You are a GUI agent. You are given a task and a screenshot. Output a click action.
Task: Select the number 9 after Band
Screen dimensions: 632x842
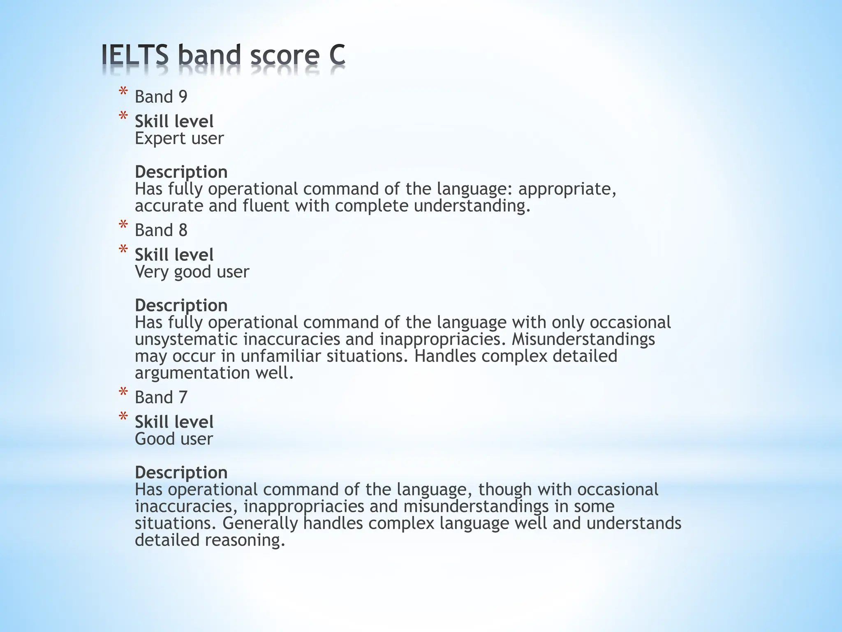183,97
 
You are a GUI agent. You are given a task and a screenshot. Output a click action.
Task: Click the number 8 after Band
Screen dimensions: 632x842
183,230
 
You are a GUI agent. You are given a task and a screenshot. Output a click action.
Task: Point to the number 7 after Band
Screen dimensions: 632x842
183,397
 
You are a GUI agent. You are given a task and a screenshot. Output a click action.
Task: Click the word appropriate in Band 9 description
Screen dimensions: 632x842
567,189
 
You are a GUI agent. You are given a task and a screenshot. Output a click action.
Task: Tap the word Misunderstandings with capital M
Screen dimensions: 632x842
583,339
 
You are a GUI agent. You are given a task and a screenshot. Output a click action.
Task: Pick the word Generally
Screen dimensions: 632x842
260,523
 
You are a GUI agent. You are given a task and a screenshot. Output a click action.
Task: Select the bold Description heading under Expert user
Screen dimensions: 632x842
181,172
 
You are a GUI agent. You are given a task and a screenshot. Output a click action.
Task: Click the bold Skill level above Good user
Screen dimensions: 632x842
174,422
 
